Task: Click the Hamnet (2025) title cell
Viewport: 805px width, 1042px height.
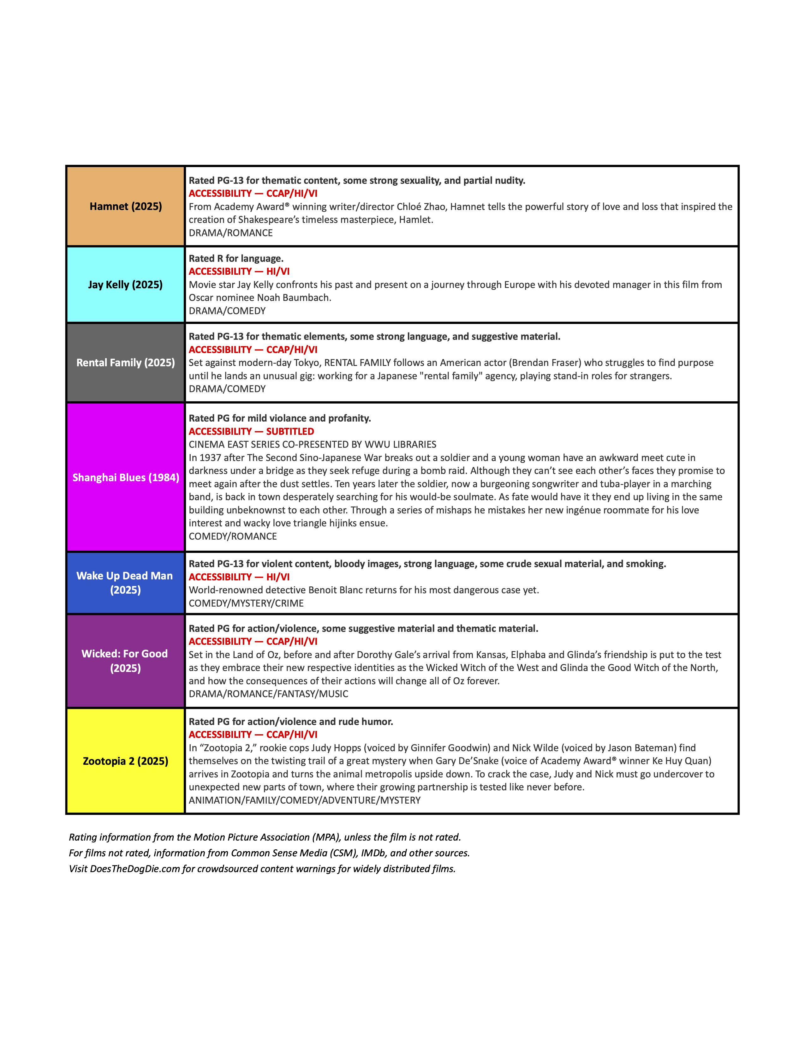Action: [125, 207]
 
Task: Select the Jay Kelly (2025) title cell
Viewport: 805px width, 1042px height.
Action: [125, 285]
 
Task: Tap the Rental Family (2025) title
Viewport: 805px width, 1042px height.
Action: [125, 362]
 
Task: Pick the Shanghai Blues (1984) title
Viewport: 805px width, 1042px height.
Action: [125, 477]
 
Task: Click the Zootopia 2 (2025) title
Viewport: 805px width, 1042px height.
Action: [125, 761]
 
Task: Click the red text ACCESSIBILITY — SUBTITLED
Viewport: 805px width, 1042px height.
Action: [251, 431]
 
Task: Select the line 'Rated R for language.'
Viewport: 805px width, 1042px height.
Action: [236, 259]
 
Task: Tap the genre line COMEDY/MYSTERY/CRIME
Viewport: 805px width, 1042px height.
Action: [246, 603]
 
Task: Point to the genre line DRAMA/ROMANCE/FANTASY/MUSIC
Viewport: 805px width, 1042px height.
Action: [269, 694]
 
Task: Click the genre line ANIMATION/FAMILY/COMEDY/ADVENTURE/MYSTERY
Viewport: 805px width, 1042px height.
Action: [305, 800]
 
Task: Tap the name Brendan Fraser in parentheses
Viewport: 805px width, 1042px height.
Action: [546, 362]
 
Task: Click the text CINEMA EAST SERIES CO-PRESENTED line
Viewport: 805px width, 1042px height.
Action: [312, 445]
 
